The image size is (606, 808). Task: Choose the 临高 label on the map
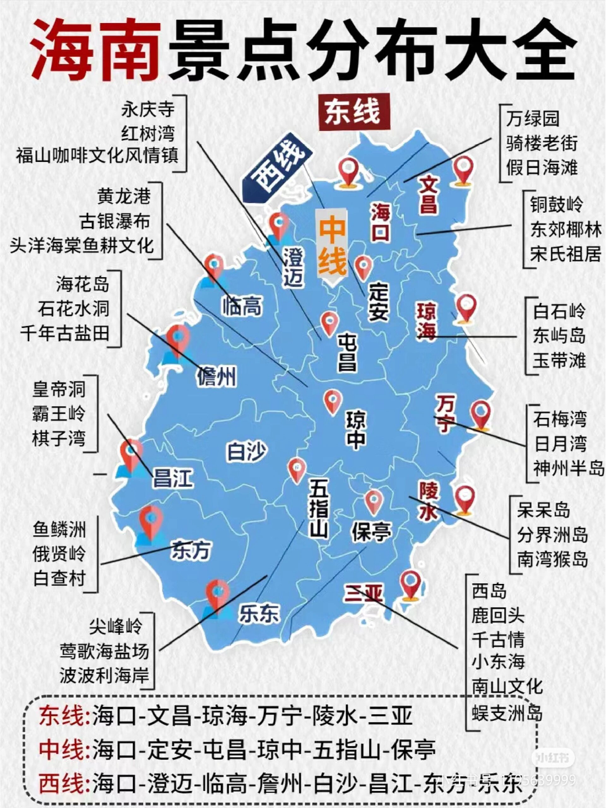coord(242,306)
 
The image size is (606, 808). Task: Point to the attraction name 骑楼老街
coord(541,143)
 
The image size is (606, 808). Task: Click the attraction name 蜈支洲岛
coord(507,712)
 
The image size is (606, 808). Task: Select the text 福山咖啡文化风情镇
coord(97,156)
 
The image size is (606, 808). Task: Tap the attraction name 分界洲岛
coord(552,535)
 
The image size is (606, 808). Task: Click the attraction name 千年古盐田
coord(65,333)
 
